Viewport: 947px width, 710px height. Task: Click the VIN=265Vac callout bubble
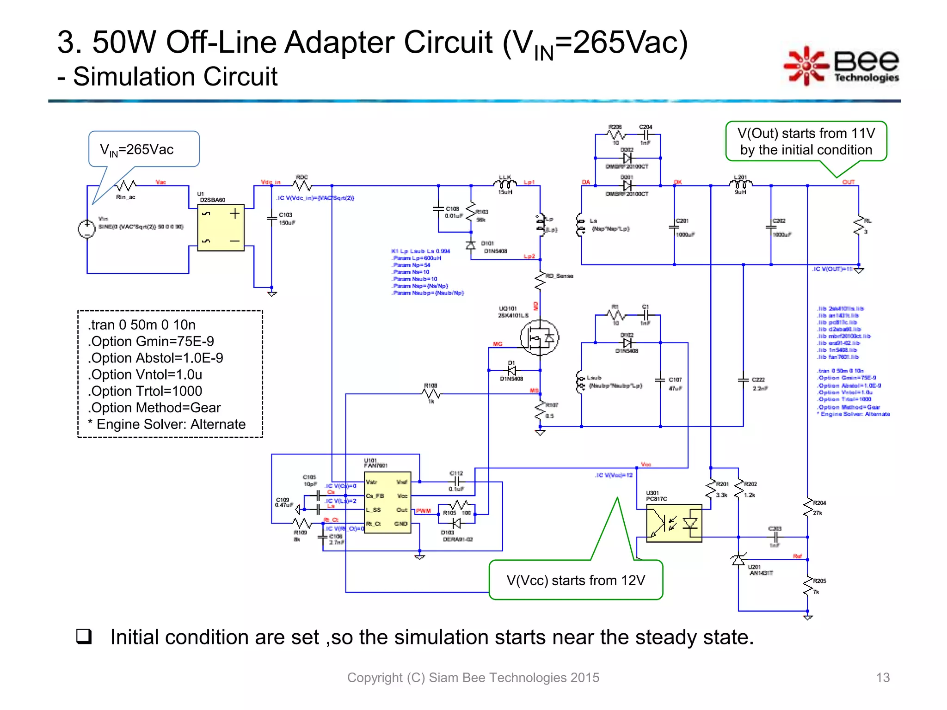(x=144, y=149)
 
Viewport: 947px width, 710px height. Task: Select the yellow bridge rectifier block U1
(x=221, y=228)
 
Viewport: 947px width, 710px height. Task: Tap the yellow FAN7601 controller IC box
(x=387, y=502)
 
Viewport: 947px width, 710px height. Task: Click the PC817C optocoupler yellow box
(x=674, y=523)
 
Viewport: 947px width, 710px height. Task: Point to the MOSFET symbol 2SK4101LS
(x=539, y=337)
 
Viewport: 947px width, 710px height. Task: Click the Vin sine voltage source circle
(x=86, y=229)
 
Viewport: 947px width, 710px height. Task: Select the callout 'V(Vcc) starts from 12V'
(x=576, y=580)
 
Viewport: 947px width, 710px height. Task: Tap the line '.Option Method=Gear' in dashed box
(x=154, y=407)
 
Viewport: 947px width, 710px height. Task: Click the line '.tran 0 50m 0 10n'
(x=142, y=324)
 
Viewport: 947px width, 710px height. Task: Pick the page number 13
(x=882, y=677)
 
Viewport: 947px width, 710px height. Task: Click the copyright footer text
(x=473, y=677)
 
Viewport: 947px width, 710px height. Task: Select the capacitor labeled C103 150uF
(x=272, y=218)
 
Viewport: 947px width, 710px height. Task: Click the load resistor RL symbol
(x=859, y=225)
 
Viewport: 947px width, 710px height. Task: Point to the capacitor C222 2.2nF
(x=743, y=380)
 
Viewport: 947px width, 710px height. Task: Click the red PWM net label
(x=423, y=511)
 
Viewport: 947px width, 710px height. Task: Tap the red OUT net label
(x=848, y=182)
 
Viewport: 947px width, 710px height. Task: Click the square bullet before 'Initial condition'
(x=84, y=637)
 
